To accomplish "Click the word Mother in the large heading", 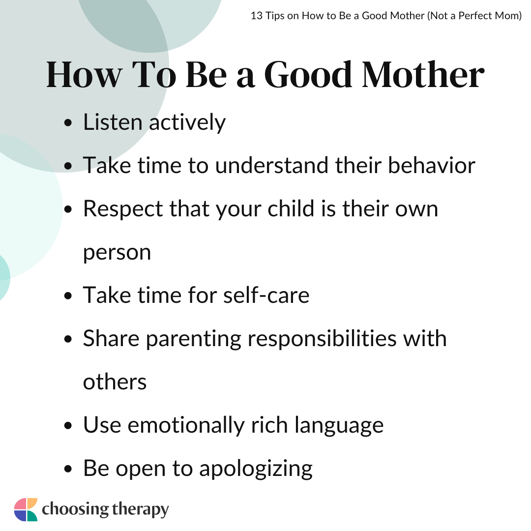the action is pos(423,75).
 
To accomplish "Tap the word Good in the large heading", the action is pos(308,75).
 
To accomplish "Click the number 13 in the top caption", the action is pos(256,16).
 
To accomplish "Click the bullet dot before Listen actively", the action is pos(68,122).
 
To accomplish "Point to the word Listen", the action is pos(113,122).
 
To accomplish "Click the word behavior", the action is pos(432,165).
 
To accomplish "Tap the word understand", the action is pos(271,165).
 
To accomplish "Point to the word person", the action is pos(117,253).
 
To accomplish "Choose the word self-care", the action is pos(266,295).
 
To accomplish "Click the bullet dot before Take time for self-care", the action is pos(68,295).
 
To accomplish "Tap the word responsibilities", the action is pos(322,339).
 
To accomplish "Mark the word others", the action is pos(115,383).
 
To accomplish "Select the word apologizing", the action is pos(256,469).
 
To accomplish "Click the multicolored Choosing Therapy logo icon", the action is pos(26,509).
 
